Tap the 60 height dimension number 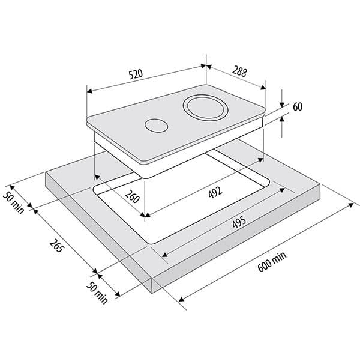click(x=298, y=107)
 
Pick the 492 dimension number click(x=215, y=192)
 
